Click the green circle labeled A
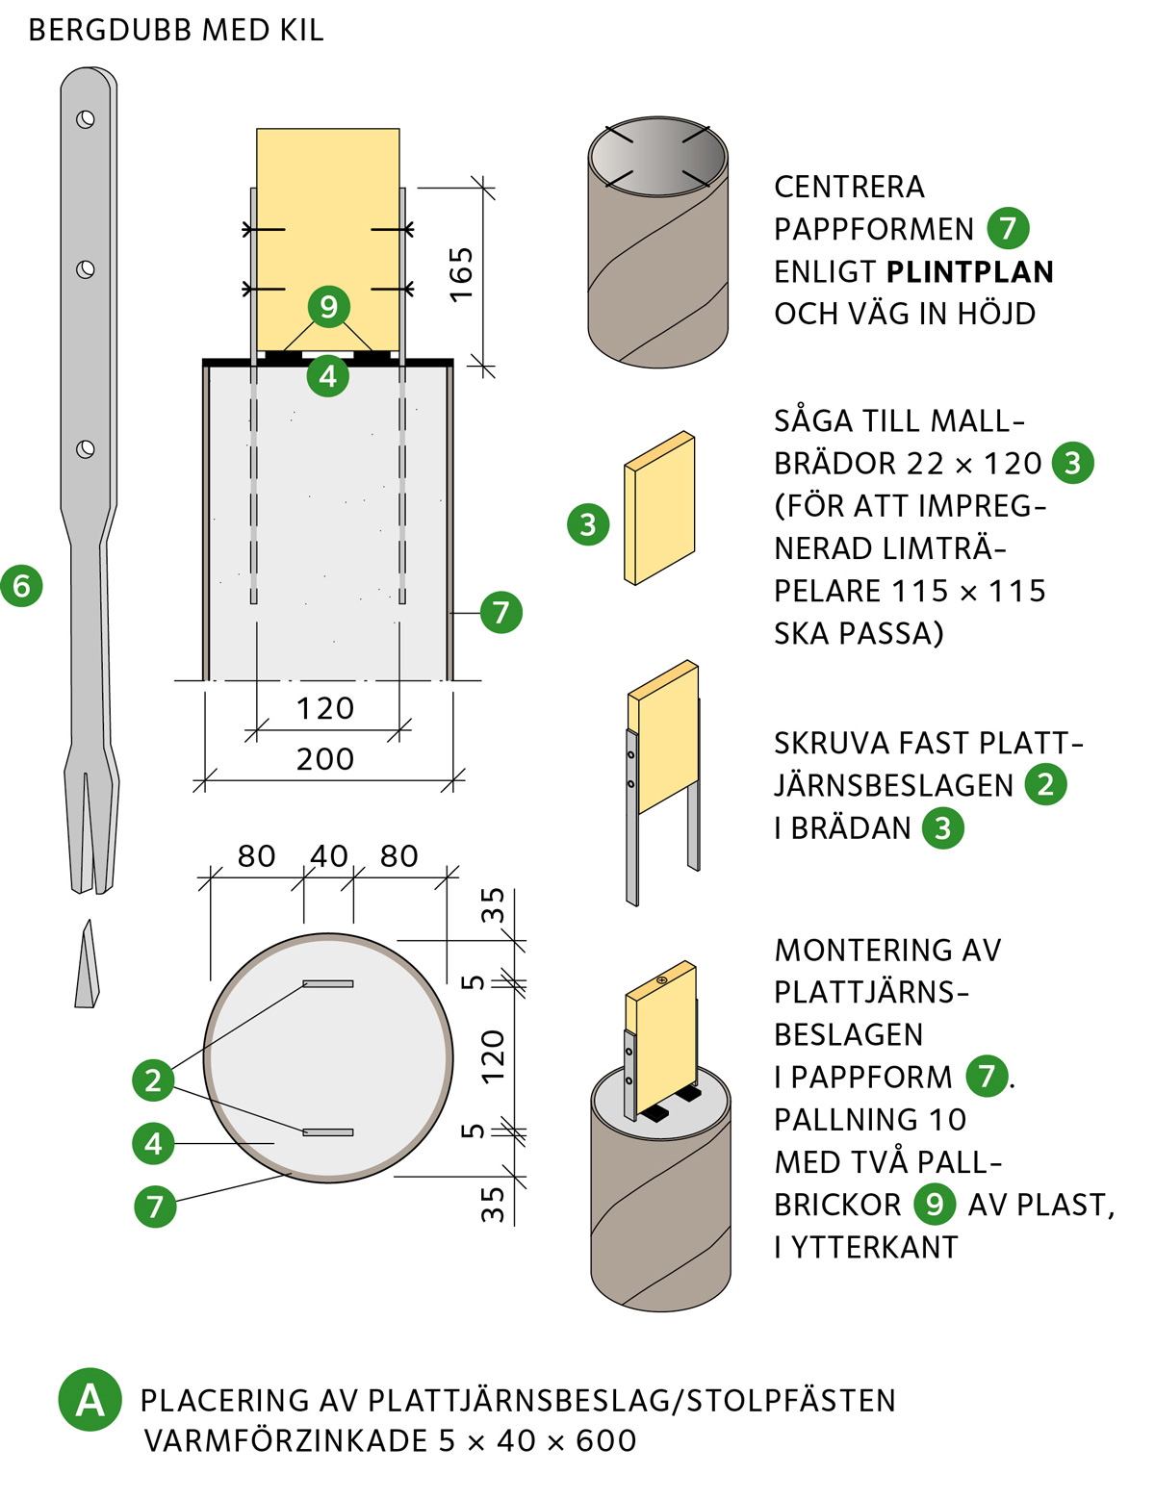pyautogui.click(x=90, y=1400)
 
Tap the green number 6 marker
pyautogui.click(x=21, y=586)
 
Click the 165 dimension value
pyautogui.click(x=462, y=274)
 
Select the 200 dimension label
pyautogui.click(x=325, y=759)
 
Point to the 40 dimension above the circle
pyautogui.click(x=329, y=855)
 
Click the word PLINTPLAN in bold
pyautogui.click(x=970, y=272)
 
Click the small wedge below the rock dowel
pyautogui.click(x=88, y=967)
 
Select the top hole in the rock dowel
pyautogui.click(x=86, y=119)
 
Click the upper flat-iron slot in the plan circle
pyautogui.click(x=328, y=983)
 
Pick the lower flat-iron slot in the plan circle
pyautogui.click(x=328, y=1132)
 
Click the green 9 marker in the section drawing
pyautogui.click(x=328, y=307)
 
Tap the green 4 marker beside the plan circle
pyautogui.click(x=154, y=1143)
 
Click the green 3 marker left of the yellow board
pyautogui.click(x=588, y=524)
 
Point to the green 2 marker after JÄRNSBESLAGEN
pyautogui.click(x=1045, y=785)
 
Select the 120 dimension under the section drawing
pyautogui.click(x=325, y=708)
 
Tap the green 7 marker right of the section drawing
pyautogui.click(x=500, y=612)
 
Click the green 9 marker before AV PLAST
pyautogui.click(x=934, y=1205)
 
